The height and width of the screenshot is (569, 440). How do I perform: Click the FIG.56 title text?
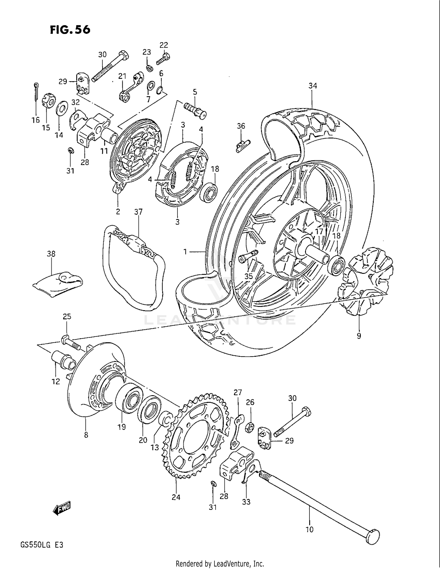(x=70, y=29)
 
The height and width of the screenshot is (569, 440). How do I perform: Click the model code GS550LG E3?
(x=42, y=545)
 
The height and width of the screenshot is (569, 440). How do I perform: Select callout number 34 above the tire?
(x=313, y=86)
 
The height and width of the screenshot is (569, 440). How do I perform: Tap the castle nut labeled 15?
(x=48, y=101)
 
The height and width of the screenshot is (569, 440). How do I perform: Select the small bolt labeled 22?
(x=163, y=58)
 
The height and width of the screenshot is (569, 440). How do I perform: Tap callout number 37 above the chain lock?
(x=138, y=212)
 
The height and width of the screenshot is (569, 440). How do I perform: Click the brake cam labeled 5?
(x=195, y=110)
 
